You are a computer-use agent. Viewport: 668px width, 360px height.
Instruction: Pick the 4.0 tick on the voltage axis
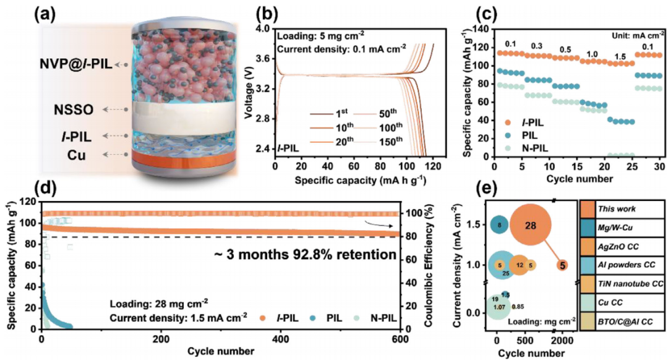[262, 29]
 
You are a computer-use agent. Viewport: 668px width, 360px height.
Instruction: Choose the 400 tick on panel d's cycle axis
[281, 338]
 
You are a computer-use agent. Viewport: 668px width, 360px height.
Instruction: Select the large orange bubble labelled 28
[531, 225]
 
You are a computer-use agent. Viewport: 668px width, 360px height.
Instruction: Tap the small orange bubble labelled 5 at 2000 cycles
[562, 265]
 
